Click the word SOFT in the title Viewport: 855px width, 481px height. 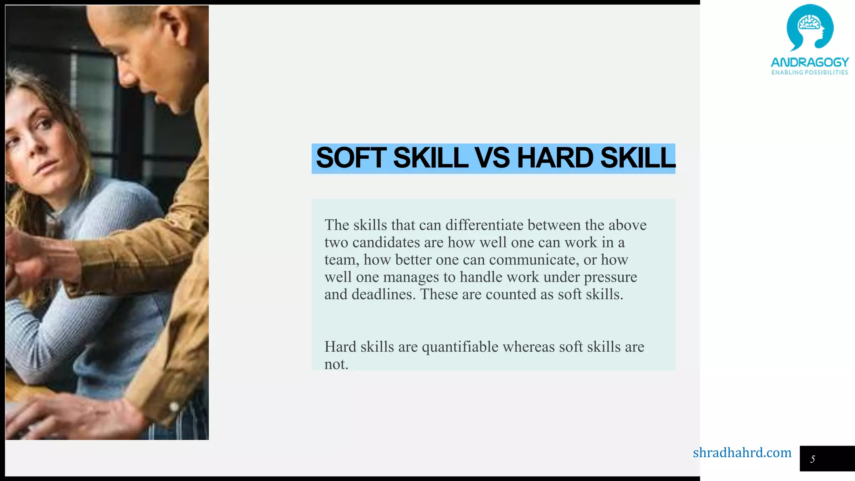(x=351, y=158)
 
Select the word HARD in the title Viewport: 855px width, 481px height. (x=555, y=158)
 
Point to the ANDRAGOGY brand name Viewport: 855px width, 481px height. (x=809, y=62)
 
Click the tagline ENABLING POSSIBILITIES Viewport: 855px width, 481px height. (x=809, y=73)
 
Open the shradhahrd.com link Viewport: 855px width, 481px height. (x=742, y=453)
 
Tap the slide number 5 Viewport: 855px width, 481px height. (x=812, y=459)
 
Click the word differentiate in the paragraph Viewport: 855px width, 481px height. (x=484, y=225)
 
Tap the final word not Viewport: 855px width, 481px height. (x=336, y=365)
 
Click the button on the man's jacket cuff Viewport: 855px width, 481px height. (x=174, y=406)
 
